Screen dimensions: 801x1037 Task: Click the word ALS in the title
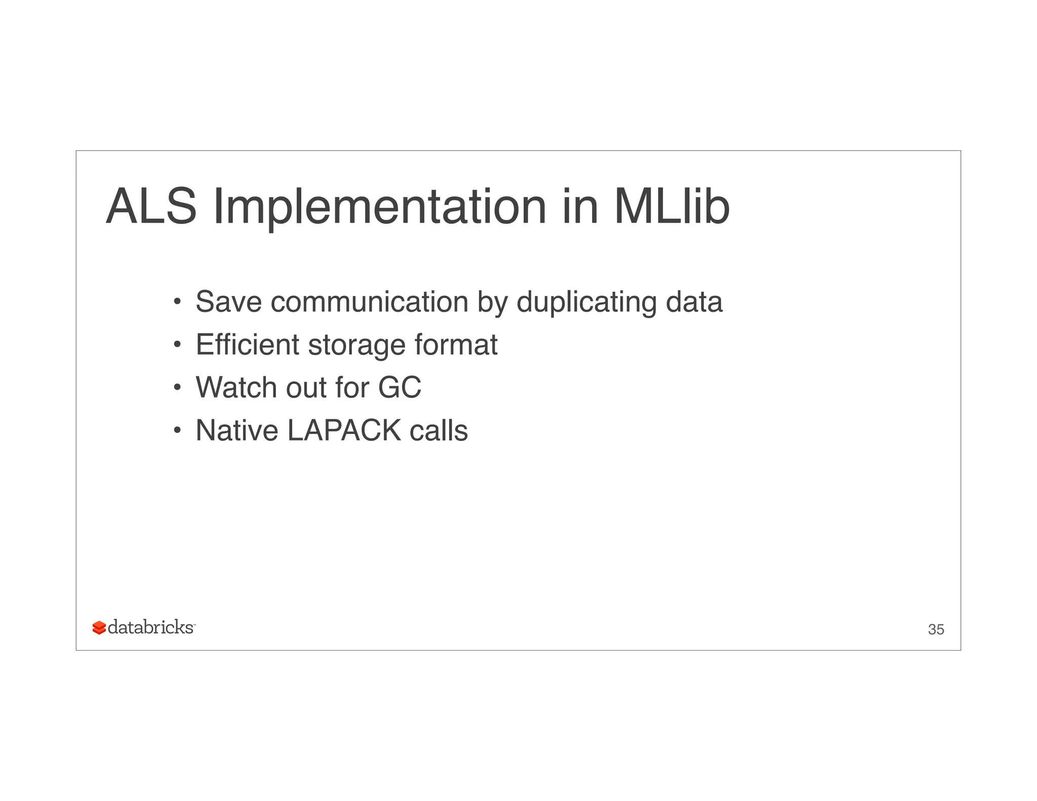pyautogui.click(x=151, y=207)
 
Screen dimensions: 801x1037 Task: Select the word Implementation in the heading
pyautogui.click(x=380, y=208)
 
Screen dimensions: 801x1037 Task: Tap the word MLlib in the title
pyautogui.click(x=671, y=207)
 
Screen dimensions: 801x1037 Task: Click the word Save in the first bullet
pyautogui.click(x=228, y=302)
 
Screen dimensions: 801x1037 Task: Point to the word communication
pyautogui.click(x=369, y=302)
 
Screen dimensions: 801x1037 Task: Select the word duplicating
pyautogui.click(x=586, y=303)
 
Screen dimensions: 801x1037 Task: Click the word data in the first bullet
pyautogui.click(x=694, y=302)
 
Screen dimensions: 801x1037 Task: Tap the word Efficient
pyautogui.click(x=248, y=345)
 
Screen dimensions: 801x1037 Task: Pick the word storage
pyautogui.click(x=356, y=346)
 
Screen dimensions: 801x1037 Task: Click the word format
pyautogui.click(x=456, y=345)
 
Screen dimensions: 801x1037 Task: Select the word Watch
pyautogui.click(x=236, y=387)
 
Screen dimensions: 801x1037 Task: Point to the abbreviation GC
pyautogui.click(x=400, y=387)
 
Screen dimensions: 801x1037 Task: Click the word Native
pyautogui.click(x=236, y=430)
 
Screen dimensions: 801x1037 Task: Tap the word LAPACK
pyautogui.click(x=344, y=430)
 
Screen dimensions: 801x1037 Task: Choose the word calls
pyautogui.click(x=438, y=430)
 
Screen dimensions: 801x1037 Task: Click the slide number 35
pyautogui.click(x=936, y=629)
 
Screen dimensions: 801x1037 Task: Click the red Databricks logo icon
pyautogui.click(x=99, y=628)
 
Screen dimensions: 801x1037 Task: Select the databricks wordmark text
pyautogui.click(x=150, y=627)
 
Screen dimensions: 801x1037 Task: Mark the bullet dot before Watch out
pyautogui.click(x=177, y=388)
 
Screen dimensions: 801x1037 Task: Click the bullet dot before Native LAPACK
pyautogui.click(x=177, y=431)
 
